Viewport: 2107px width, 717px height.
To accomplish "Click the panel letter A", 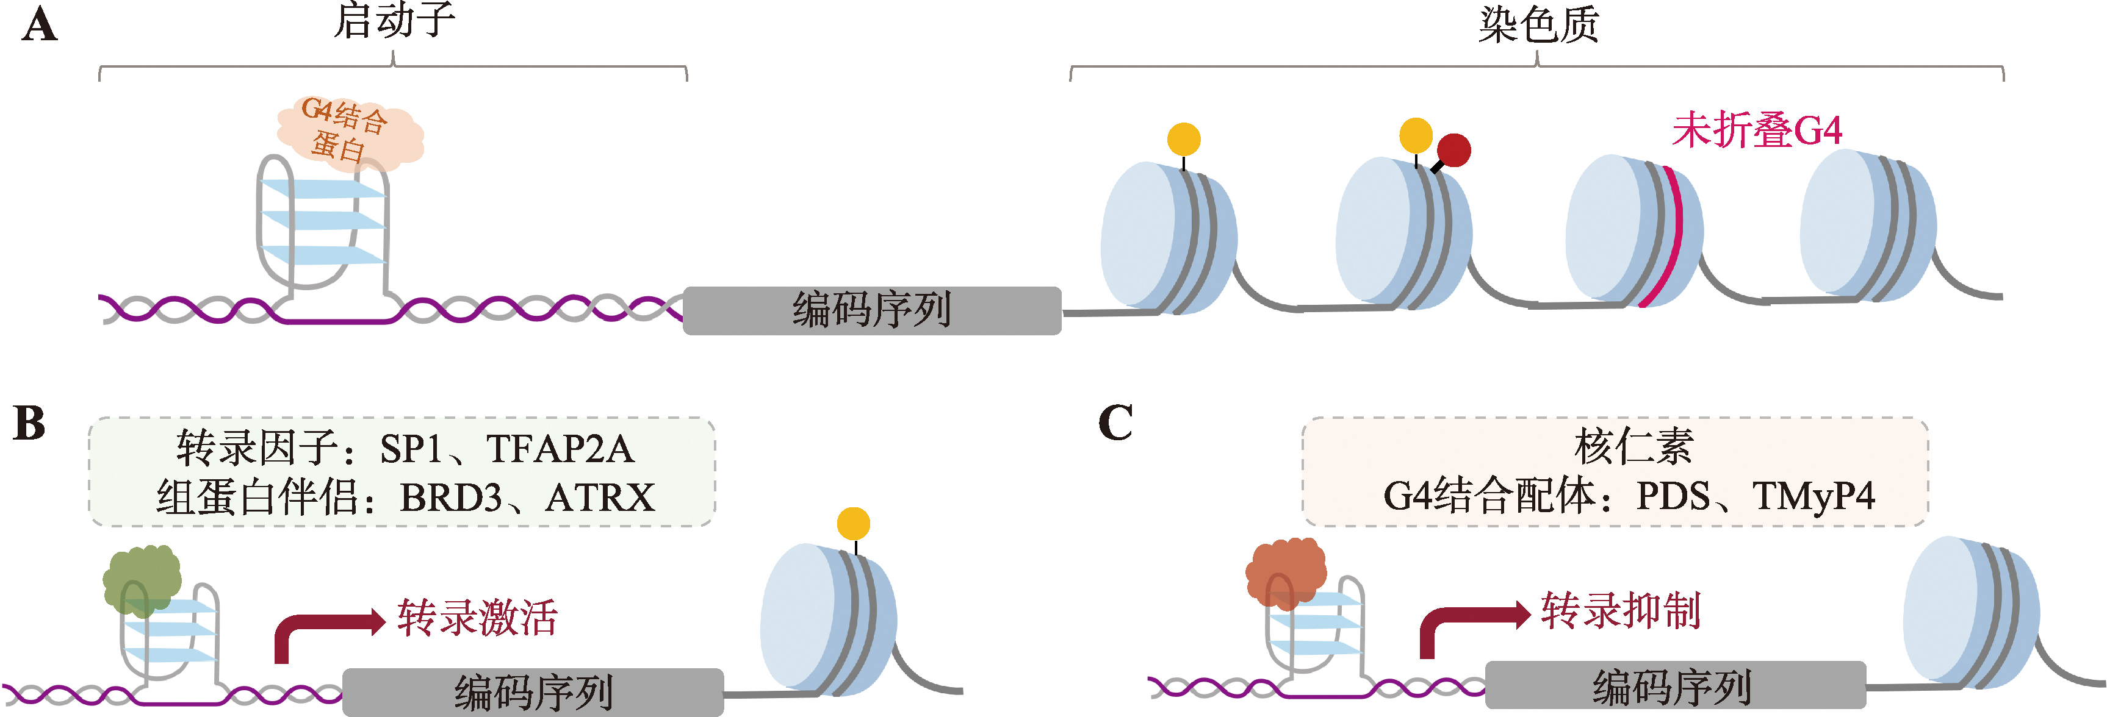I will coord(39,26).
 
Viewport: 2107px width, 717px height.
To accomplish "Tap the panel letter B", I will coord(29,424).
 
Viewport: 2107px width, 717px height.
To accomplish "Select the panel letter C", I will coord(1115,424).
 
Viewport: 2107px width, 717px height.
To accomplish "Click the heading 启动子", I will coord(394,21).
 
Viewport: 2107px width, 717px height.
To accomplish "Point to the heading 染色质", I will coord(1538,24).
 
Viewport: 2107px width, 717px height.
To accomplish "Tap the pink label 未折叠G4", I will coord(1756,131).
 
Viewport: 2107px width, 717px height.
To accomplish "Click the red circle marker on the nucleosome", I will coord(1453,149).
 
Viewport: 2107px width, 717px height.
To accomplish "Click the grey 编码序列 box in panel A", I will coord(872,311).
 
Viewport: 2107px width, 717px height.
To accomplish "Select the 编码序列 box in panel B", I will coord(533,691).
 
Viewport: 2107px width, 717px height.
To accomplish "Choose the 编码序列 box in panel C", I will coord(1674,685).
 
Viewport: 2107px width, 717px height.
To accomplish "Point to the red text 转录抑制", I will coord(1620,611).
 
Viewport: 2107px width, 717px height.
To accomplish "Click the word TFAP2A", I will coord(560,449).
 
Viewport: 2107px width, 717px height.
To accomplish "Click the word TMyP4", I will coord(1813,496).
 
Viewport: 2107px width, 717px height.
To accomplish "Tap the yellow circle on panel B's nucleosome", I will coord(853,523).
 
